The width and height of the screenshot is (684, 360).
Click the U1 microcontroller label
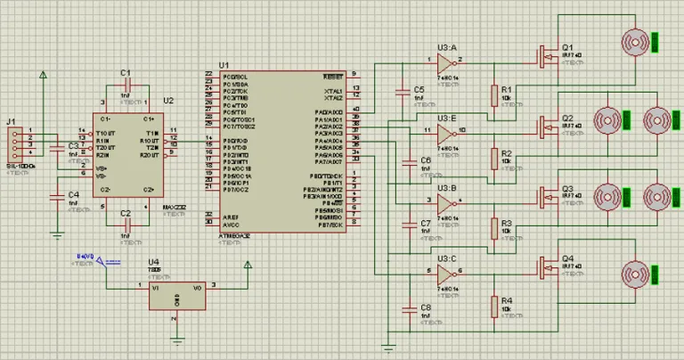(224, 65)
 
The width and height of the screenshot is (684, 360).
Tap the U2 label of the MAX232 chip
(168, 101)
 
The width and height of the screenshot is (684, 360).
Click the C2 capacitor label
(125, 214)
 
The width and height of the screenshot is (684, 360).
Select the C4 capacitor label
(74, 193)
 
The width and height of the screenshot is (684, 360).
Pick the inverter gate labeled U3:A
(445, 62)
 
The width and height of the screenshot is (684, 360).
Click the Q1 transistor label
(567, 46)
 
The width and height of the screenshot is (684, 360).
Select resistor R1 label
(507, 90)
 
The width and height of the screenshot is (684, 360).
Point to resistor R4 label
(507, 300)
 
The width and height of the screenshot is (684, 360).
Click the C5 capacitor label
(419, 90)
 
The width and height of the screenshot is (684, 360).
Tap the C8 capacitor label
(425, 307)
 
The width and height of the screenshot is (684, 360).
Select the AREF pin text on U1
(231, 217)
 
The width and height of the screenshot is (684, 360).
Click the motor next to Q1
(634, 41)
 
